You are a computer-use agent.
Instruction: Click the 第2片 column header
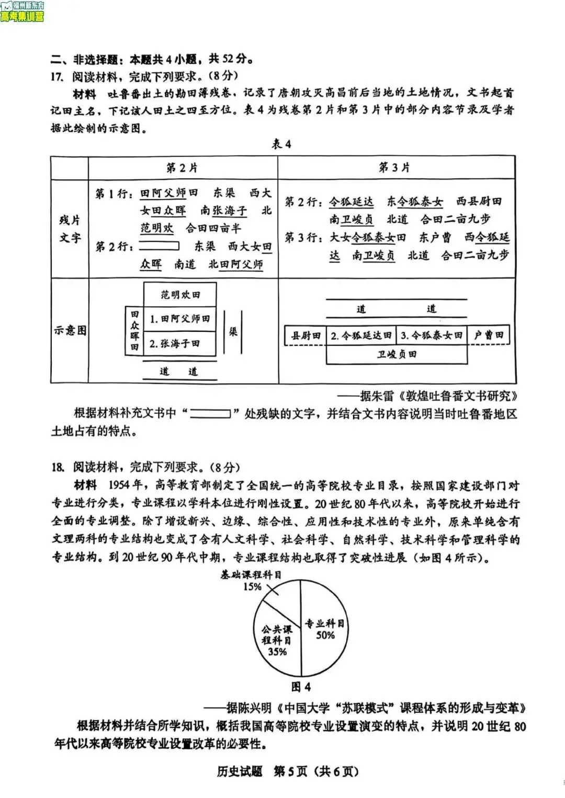pos(182,168)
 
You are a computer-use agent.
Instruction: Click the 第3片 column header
pos(394,168)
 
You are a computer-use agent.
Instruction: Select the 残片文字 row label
pos(70,228)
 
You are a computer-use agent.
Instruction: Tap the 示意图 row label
pos(70,330)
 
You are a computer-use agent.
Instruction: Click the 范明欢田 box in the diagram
pos(180,295)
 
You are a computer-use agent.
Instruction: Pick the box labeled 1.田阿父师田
pos(180,318)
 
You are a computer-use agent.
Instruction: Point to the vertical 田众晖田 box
pos(134,330)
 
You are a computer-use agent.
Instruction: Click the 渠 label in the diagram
pos(233,331)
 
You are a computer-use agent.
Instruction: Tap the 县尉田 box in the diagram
pos(306,336)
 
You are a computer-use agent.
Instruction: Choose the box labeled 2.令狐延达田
pos(361,336)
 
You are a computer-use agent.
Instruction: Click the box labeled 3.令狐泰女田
pos(432,336)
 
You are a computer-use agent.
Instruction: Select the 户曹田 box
pos(488,336)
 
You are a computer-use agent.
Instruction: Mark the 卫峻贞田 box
pos(397,354)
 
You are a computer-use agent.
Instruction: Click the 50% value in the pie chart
pos(325,635)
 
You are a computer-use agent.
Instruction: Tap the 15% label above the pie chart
pos(252,587)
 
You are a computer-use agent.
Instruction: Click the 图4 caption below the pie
pos(301,686)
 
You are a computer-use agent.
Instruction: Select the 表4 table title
pos(281,144)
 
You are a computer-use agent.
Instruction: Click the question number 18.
pos(57,467)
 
